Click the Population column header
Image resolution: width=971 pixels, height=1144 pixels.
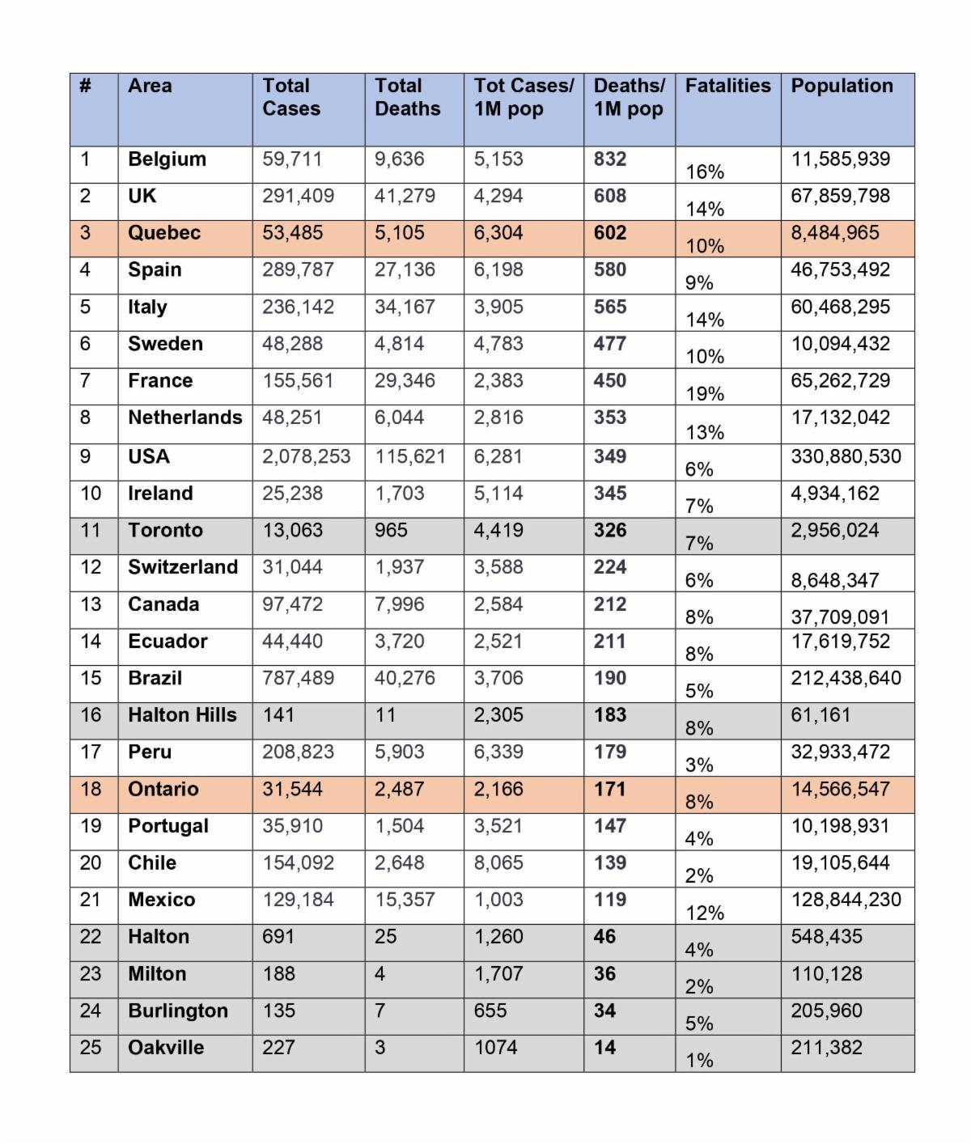pyautogui.click(x=842, y=86)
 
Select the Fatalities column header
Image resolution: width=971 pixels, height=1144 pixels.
pyautogui.click(x=727, y=86)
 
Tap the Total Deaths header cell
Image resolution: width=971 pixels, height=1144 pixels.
pyautogui.click(x=407, y=97)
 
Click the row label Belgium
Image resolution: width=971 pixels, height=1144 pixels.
pyautogui.click(x=167, y=159)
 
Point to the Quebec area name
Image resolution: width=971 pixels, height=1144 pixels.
pyautogui.click(x=164, y=233)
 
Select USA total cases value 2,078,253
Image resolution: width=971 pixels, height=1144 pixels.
pyautogui.click(x=306, y=457)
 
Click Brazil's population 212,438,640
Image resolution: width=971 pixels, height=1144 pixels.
pyautogui.click(x=846, y=678)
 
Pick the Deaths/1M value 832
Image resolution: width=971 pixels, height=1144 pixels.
pyautogui.click(x=610, y=159)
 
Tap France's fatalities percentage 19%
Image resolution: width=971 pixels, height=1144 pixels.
pyautogui.click(x=705, y=394)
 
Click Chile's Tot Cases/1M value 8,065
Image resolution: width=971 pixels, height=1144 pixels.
pyautogui.click(x=498, y=863)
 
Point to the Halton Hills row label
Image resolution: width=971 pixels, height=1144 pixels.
pyautogui.click(x=182, y=715)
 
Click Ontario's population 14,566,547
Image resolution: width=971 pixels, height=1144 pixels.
pyautogui.click(x=840, y=790)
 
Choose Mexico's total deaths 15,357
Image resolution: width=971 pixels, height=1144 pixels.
pyautogui.click(x=405, y=900)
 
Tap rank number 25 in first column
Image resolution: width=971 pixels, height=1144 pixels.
pyautogui.click(x=91, y=1048)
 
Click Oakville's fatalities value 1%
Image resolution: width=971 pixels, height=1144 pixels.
pyautogui.click(x=699, y=1061)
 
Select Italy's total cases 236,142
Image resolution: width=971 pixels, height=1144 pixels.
pyautogui.click(x=298, y=307)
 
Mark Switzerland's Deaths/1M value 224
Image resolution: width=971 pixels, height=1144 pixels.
pyautogui.click(x=610, y=567)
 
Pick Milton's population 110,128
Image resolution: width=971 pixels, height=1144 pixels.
pyautogui.click(x=826, y=974)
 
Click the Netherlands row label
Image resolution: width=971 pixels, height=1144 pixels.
pyautogui.click(x=184, y=417)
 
